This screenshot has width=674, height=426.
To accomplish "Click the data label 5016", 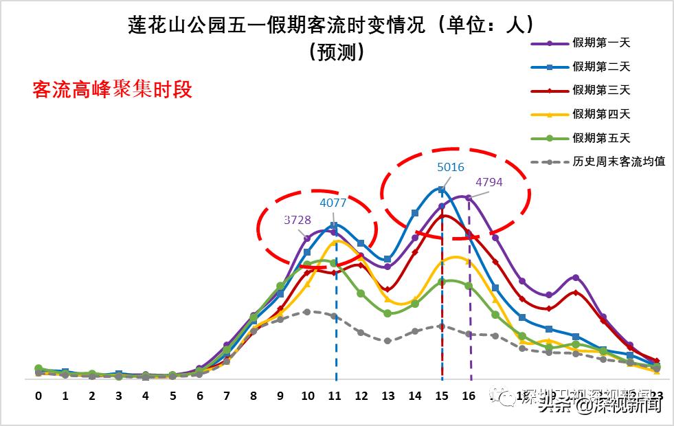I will [451, 167].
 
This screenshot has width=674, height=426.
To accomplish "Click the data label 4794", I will [490, 182].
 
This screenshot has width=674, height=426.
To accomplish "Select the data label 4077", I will [333, 203].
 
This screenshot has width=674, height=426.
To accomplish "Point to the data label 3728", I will [297, 220].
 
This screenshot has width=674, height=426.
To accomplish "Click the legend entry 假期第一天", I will [600, 43].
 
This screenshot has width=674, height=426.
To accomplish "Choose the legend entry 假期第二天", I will [600, 67].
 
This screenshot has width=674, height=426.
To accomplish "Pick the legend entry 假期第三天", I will [600, 90].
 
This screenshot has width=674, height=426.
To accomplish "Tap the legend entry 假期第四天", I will [600, 114].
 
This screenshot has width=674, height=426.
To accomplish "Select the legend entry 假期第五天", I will [600, 138].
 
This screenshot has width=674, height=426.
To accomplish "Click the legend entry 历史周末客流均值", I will [618, 162].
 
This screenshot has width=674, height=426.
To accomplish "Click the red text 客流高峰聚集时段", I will [112, 90].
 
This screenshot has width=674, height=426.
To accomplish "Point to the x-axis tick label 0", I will [38, 396].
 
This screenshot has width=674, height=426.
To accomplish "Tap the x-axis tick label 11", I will [335, 396].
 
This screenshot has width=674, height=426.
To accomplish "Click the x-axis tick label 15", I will [442, 396].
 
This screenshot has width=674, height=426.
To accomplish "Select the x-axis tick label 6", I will [200, 396].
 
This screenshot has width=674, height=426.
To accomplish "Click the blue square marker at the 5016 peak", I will [442, 190].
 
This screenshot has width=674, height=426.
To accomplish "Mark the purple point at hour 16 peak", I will [469, 198].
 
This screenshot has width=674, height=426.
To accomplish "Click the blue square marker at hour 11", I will [335, 225].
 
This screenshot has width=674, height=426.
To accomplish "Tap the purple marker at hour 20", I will [576, 278].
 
